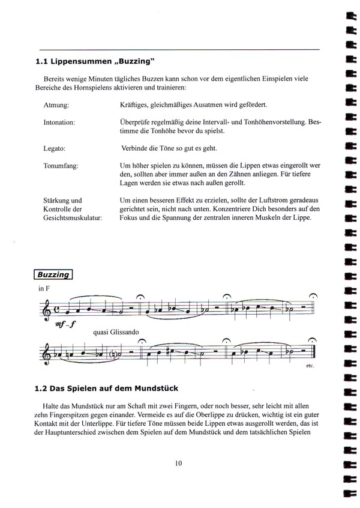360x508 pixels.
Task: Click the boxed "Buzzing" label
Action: click(x=53, y=275)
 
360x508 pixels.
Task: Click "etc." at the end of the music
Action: click(x=310, y=366)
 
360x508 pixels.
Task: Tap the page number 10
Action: click(x=179, y=463)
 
